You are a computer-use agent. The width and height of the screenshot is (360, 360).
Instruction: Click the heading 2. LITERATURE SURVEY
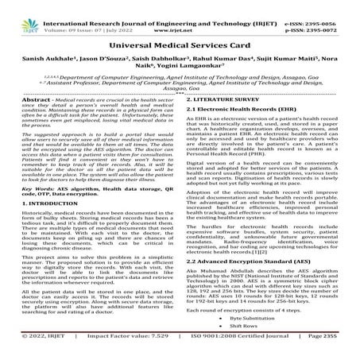tap(225, 114)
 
